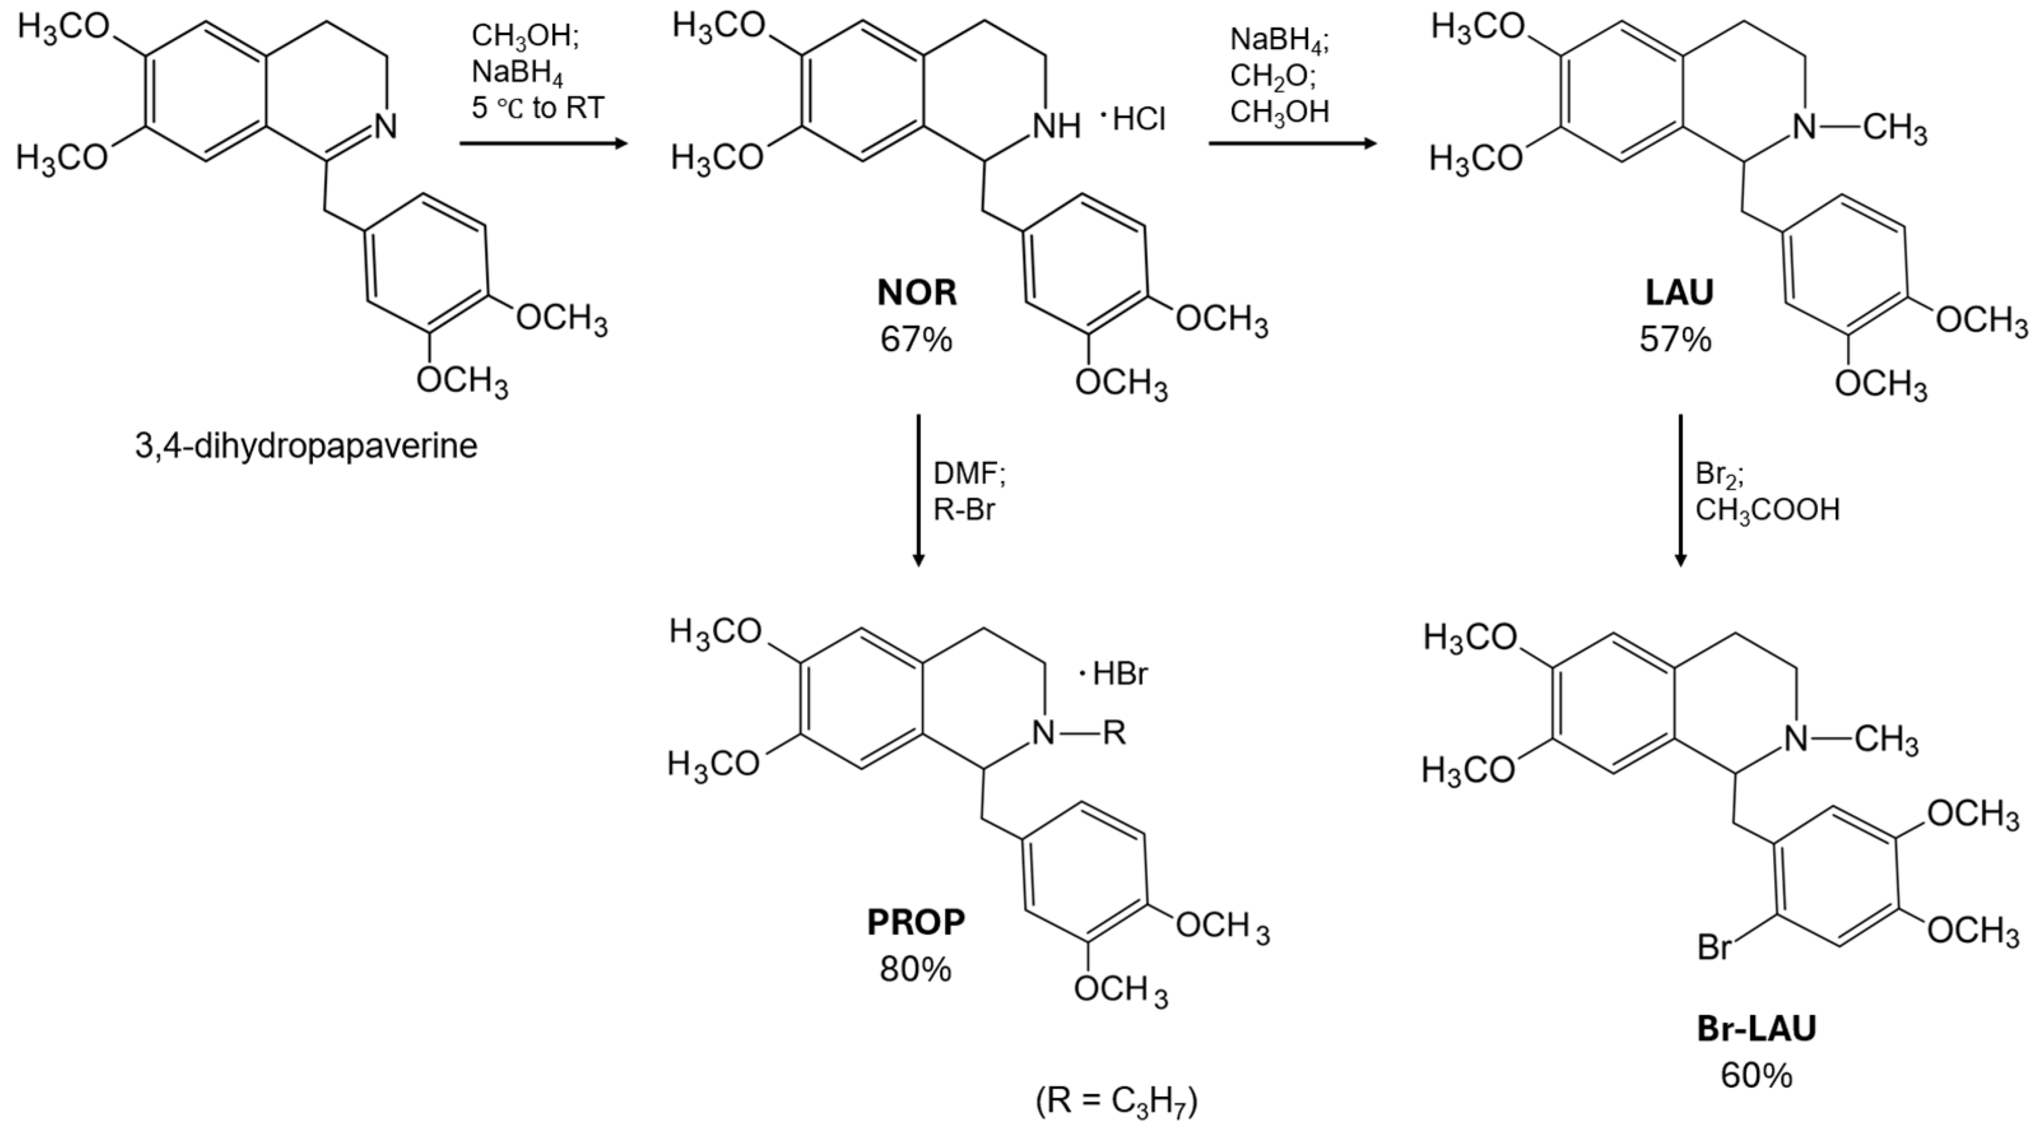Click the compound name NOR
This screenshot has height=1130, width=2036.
[x=916, y=293]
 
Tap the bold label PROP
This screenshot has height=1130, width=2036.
[x=916, y=923]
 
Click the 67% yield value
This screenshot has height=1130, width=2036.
[x=916, y=340]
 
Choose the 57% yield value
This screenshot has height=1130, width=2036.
[x=1675, y=340]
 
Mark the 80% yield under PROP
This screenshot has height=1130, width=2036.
[x=916, y=970]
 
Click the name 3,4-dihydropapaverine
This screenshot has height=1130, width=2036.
[x=306, y=447]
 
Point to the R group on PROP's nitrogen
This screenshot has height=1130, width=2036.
[x=1114, y=734]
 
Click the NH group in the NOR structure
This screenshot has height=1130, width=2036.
[x=1056, y=125]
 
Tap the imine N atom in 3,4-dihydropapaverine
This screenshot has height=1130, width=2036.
[x=385, y=126]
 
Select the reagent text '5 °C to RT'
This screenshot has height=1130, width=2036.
[x=538, y=108]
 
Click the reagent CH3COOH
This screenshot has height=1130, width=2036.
[x=1767, y=510]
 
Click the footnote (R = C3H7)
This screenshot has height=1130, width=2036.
[x=1117, y=1101]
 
